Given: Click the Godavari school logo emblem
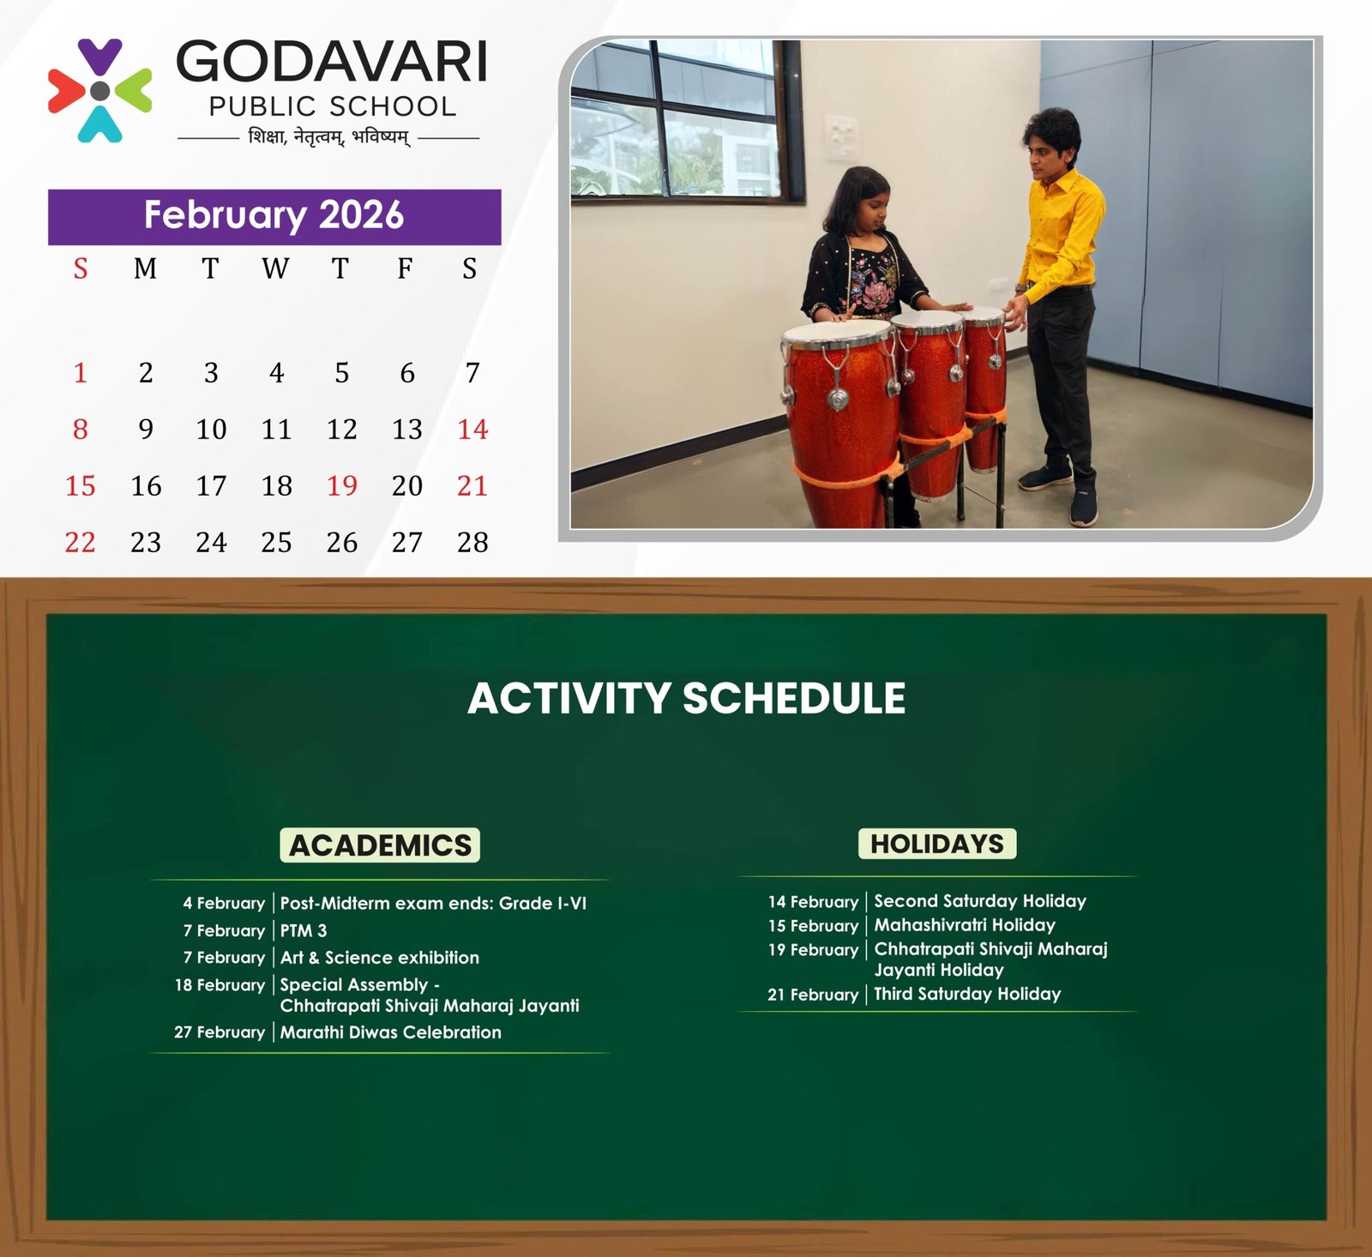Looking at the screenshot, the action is click(99, 90).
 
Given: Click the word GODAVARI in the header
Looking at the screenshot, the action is click(332, 62).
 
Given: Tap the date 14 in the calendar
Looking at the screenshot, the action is click(472, 429).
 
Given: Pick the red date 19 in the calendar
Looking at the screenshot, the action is click(341, 485).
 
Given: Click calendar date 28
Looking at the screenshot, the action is click(472, 542).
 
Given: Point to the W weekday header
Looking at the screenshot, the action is click(275, 268).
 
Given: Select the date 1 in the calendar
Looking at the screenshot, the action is click(81, 372).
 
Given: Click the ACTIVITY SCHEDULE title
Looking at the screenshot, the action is click(686, 698).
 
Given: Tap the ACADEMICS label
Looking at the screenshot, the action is click(380, 845).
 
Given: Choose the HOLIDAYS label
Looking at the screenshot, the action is click(937, 844).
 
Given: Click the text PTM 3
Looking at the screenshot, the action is click(304, 930).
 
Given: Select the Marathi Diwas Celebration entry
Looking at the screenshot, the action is click(391, 1032).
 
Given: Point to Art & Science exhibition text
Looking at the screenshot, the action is click(380, 958).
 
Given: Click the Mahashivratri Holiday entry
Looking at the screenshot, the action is click(965, 925).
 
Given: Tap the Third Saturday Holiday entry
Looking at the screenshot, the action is click(967, 994).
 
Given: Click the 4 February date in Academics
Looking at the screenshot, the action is click(224, 903).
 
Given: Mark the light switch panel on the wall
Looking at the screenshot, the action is click(841, 135).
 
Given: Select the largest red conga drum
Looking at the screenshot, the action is click(840, 424).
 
